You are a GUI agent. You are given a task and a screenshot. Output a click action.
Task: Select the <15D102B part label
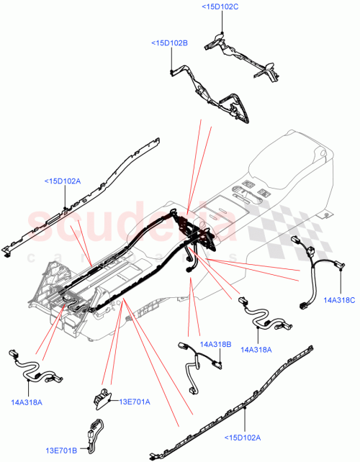point(169,44)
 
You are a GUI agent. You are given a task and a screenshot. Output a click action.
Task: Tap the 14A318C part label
point(339,299)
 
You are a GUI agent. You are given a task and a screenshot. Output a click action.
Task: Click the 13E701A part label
point(135,402)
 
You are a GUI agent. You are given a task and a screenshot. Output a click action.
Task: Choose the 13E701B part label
point(63,451)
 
